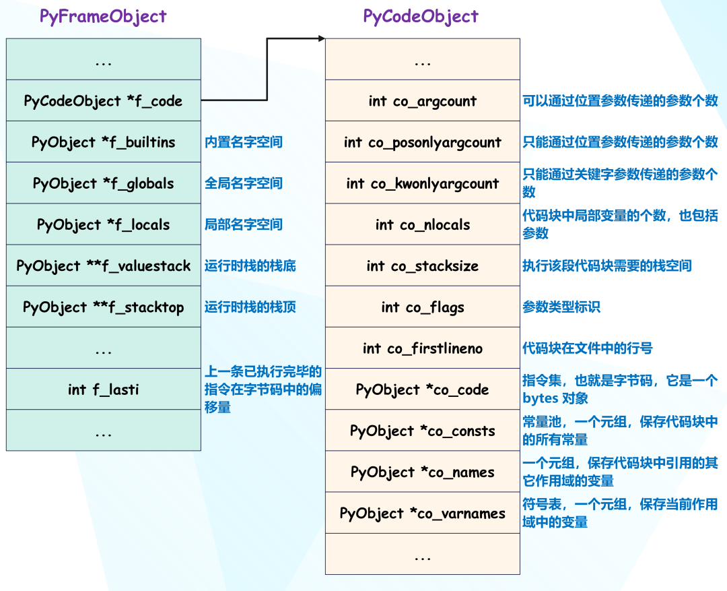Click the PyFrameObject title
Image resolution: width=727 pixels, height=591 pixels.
point(103,17)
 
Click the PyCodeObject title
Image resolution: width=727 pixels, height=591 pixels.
point(421,17)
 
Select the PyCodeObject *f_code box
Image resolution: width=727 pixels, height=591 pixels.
point(104,100)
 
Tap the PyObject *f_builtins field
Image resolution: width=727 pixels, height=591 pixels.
point(104,142)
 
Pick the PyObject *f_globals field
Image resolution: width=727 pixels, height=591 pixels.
point(104,183)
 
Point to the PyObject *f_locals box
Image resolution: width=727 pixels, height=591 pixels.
point(104,224)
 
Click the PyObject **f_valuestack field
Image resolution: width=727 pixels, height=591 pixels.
point(104,266)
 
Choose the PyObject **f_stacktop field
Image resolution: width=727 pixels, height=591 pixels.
point(104,307)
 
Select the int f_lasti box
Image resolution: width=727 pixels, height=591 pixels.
point(104,389)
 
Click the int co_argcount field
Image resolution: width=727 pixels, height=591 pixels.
point(422,100)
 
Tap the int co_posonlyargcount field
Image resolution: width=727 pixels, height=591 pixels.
point(422,142)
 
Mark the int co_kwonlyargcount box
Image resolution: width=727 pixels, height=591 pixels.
point(422,183)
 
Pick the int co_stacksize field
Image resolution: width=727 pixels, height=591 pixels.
point(422,266)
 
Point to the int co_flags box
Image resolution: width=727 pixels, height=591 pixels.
point(422,307)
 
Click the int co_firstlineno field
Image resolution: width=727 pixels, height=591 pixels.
point(422,348)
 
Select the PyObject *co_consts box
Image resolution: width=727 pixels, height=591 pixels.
point(422,431)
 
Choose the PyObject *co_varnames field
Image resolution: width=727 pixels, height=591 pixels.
point(422,513)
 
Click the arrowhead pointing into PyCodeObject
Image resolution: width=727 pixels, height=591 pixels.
point(322,38)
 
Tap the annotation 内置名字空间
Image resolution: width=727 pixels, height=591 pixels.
point(244,142)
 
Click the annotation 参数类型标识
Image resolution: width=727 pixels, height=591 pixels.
point(561,307)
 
